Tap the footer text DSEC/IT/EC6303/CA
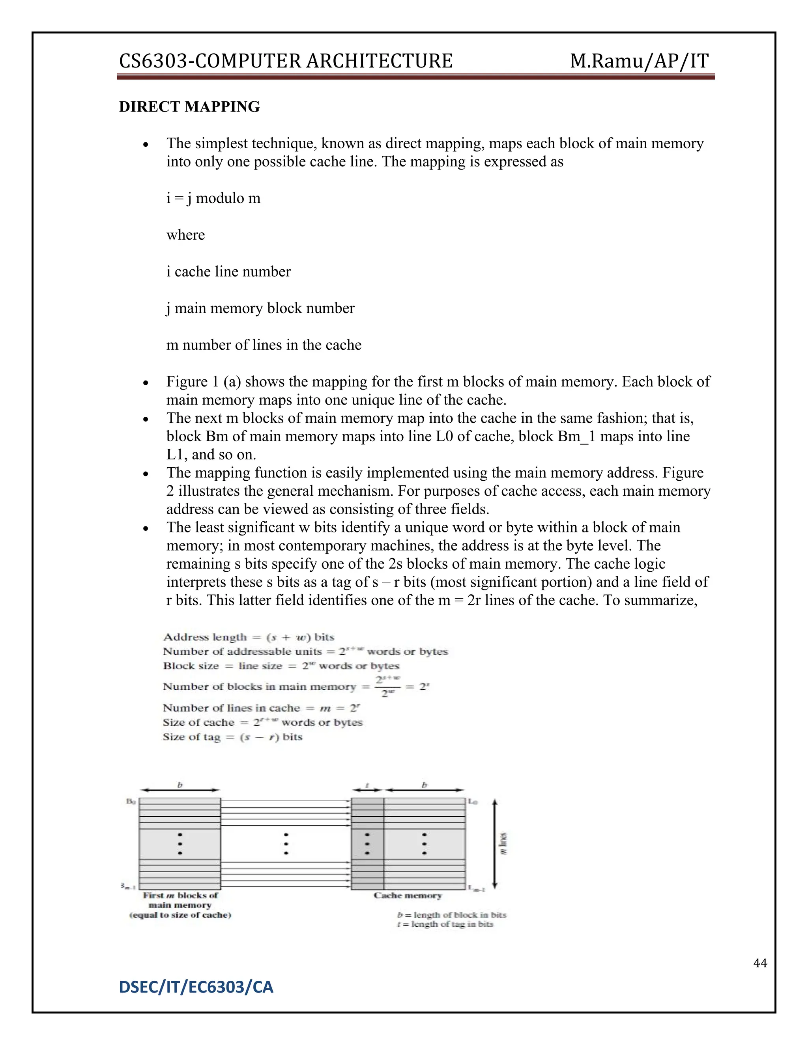(196, 987)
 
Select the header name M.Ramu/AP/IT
(639, 61)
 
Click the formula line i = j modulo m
(213, 198)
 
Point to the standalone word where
(185, 235)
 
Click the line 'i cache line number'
(228, 272)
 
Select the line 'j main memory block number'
(260, 308)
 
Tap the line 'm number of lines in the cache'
(264, 345)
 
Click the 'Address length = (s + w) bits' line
(249, 637)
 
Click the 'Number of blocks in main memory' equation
(296, 687)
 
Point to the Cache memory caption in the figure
(407, 895)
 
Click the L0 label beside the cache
(472, 801)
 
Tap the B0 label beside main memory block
(131, 801)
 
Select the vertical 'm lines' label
(503, 843)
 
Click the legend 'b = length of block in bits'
(451, 914)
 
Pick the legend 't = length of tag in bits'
(445, 924)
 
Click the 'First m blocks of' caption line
(180, 895)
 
